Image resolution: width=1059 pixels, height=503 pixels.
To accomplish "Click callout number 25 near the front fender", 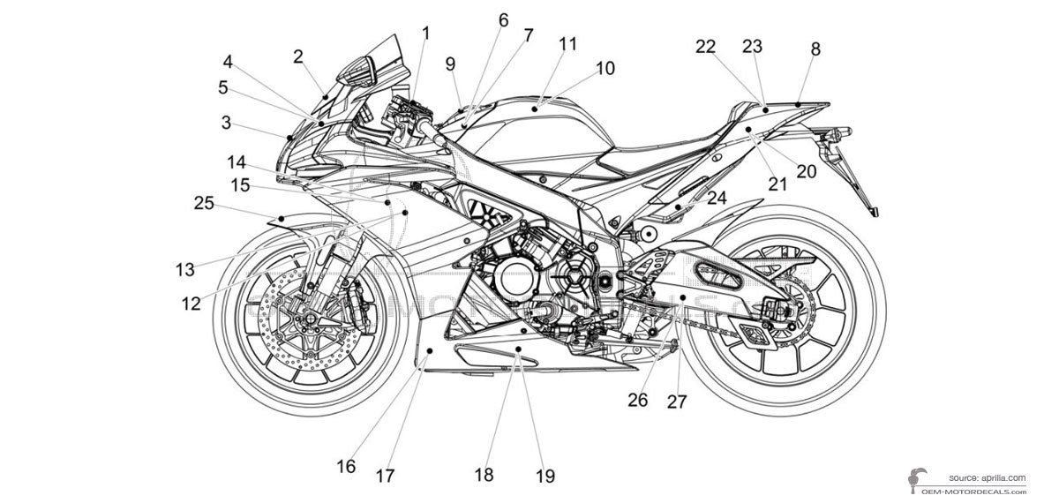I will (204, 203).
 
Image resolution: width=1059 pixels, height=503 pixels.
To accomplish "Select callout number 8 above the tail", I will (815, 49).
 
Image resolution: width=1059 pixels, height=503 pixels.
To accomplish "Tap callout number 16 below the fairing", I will (345, 467).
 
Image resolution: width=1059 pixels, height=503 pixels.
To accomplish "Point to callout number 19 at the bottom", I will (545, 477).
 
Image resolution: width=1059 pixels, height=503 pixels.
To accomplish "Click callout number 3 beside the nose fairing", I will (227, 124).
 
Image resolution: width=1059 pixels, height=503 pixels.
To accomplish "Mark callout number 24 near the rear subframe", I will (717, 199).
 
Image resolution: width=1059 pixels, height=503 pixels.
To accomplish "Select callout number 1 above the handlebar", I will (426, 34).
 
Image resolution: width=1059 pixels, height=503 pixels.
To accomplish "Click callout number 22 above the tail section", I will (705, 48).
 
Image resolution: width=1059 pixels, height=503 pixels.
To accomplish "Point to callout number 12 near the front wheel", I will (192, 304).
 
